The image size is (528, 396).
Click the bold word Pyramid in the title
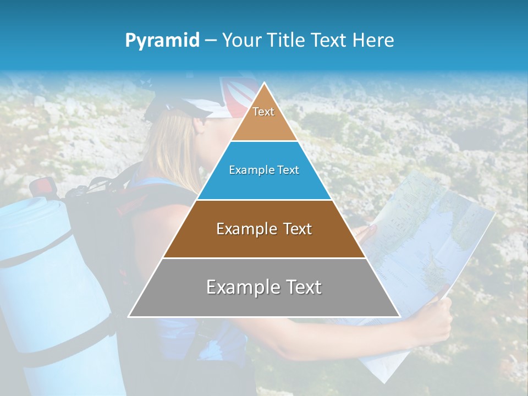click(162, 41)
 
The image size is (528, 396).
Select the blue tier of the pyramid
click(264, 184)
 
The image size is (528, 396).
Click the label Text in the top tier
click(263, 112)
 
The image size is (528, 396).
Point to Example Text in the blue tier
click(264, 170)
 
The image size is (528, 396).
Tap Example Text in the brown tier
click(264, 229)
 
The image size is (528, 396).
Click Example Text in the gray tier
click(264, 287)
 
